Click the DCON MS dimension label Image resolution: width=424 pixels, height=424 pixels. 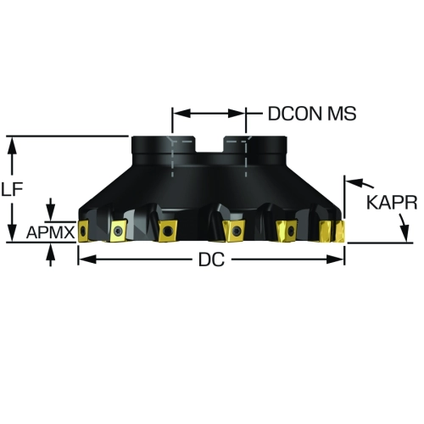tap(312, 114)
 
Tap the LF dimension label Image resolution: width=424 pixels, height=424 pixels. tap(12, 189)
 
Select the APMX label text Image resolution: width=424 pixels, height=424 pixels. tap(50, 232)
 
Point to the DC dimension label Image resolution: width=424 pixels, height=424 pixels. tap(212, 259)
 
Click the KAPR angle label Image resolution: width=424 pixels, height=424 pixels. tap(392, 203)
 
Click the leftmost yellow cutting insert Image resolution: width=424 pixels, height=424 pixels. tap(82, 232)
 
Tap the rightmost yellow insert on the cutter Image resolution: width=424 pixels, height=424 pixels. tap(340, 232)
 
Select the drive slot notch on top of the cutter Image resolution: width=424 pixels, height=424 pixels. tap(209, 144)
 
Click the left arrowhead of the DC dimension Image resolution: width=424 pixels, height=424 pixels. tap(86, 259)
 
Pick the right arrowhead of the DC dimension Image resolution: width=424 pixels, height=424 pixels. tap(335, 259)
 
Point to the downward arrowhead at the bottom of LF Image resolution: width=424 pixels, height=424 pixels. tap(12, 233)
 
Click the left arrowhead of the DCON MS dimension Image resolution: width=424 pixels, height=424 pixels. tap(181, 114)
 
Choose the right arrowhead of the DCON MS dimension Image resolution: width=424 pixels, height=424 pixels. tap(236, 114)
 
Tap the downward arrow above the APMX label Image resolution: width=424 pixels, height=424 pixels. tap(51, 209)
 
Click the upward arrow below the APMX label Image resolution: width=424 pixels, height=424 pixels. tap(51, 255)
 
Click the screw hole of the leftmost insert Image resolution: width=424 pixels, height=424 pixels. tap(82, 232)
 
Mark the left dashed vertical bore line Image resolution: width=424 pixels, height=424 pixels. tap(172, 159)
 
